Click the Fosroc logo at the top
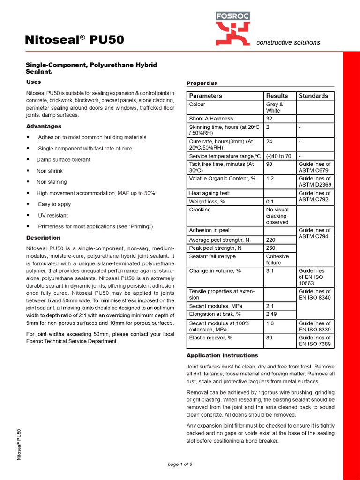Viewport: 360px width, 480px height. tap(232, 29)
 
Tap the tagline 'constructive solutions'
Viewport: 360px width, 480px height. tap(288, 43)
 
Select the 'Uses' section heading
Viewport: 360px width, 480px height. tap(34, 82)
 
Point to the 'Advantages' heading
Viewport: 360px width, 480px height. tap(44, 126)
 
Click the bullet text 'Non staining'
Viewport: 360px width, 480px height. tap(52, 182)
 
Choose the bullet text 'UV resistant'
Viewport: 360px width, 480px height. tap(52, 216)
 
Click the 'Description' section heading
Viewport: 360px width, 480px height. tap(43, 238)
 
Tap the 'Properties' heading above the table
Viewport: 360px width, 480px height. tap(202, 83)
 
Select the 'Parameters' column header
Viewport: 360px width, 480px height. tap(205, 96)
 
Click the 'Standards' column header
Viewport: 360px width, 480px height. tap(313, 96)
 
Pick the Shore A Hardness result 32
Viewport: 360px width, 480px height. tap(270, 119)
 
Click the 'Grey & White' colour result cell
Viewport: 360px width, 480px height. tap(275, 107)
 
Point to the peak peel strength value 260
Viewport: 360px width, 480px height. tap(271, 248)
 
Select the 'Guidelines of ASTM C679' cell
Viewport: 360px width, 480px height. tap(315, 167)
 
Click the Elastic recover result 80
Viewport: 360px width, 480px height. tap(270, 338)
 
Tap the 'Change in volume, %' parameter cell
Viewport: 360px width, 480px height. tap(215, 271)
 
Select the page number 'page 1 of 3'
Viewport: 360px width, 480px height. tap(180, 465)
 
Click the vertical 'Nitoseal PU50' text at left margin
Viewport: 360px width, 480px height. tap(19, 444)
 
